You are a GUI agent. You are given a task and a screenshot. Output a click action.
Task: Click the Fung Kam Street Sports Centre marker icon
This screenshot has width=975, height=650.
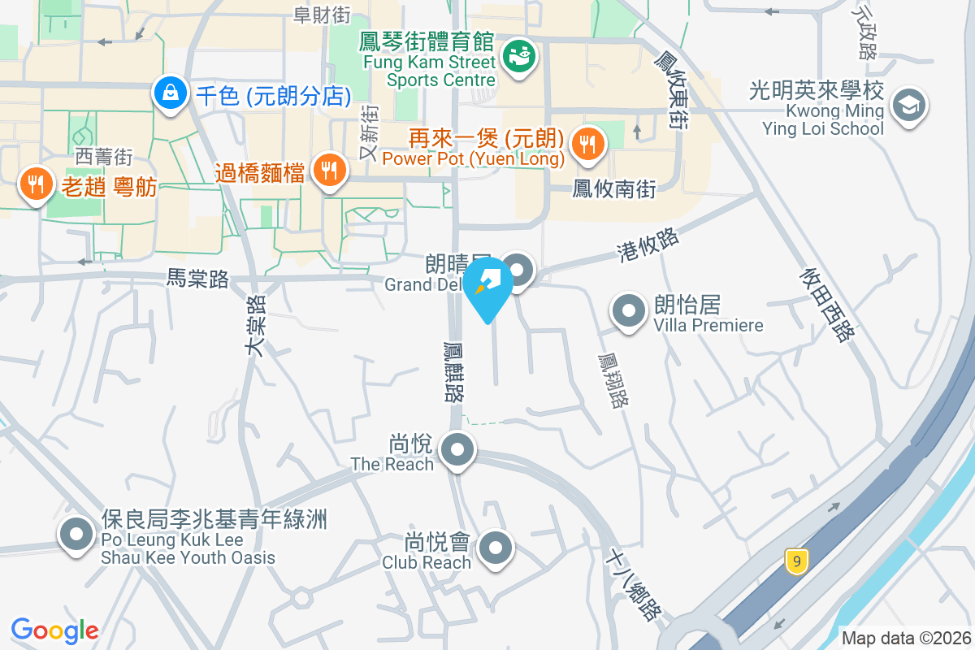tap(518, 56)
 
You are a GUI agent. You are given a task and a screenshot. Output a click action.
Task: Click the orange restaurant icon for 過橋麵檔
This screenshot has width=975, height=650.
tap(329, 171)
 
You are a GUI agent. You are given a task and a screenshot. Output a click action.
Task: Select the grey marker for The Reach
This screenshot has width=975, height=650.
tap(457, 448)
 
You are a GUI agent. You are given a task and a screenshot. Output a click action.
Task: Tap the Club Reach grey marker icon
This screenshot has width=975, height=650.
tap(496, 548)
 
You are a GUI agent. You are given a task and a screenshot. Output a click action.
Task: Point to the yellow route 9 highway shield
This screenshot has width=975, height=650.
tap(797, 561)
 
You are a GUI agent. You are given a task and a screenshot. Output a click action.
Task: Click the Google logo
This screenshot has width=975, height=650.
tap(55, 630)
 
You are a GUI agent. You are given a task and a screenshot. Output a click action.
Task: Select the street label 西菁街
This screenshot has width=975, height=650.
tap(103, 155)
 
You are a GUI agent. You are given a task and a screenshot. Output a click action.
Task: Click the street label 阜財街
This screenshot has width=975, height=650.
tap(322, 14)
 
